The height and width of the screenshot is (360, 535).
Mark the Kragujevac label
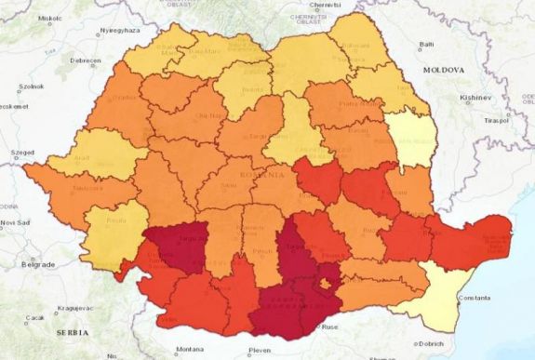coord(73,306)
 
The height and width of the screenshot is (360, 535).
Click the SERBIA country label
coord(71,332)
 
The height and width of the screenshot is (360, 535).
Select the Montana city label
coord(190,349)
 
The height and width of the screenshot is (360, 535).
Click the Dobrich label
coord(432,343)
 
